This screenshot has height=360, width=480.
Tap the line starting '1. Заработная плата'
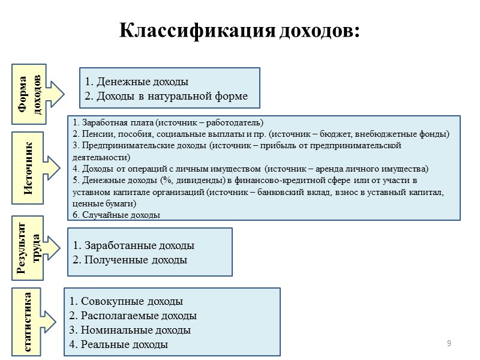[167, 121]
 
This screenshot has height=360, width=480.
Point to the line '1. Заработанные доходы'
[133, 245]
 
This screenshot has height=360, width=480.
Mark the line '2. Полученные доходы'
[130, 260]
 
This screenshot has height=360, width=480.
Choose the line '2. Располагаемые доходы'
[133, 316]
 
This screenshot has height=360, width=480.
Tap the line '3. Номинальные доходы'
[130, 330]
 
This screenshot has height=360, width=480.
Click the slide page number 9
[449, 343]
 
